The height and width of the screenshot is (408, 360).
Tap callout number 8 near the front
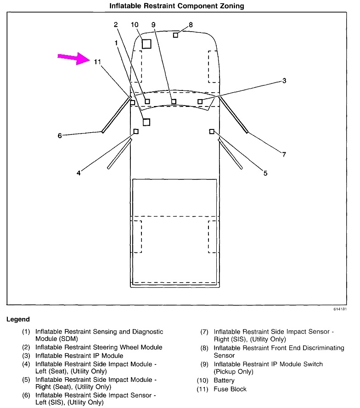click(x=191, y=24)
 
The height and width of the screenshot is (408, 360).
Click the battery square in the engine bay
click(x=146, y=44)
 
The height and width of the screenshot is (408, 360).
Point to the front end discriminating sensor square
click(x=175, y=35)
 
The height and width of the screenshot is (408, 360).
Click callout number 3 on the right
click(x=284, y=81)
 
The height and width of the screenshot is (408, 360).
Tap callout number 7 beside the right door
click(x=284, y=154)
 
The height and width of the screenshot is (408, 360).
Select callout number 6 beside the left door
click(x=60, y=135)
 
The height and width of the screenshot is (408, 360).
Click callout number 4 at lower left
click(x=79, y=173)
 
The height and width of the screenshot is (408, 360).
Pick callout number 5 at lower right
click(x=265, y=173)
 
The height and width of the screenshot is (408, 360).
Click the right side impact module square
click(x=212, y=132)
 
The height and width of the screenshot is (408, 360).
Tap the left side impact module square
click(x=136, y=132)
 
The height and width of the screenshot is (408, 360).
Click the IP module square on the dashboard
click(x=200, y=101)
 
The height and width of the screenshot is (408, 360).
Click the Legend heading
click(x=18, y=319)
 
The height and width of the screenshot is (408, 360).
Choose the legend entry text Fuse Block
click(x=231, y=389)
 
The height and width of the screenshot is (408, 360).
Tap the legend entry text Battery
click(x=224, y=380)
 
